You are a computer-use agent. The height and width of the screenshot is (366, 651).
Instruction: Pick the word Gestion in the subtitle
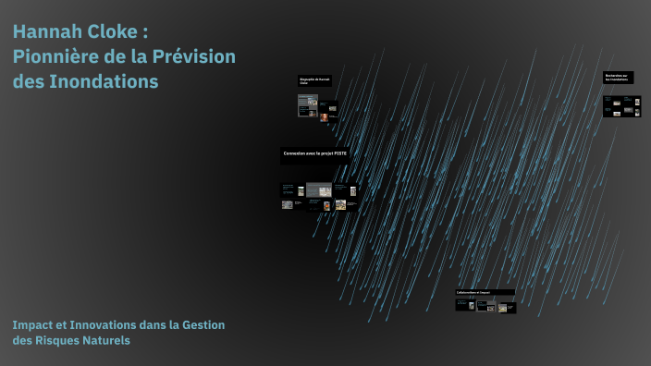point(203,324)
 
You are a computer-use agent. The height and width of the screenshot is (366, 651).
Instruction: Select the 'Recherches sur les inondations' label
point(617,78)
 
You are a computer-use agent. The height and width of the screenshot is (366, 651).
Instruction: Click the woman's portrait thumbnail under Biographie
point(325,116)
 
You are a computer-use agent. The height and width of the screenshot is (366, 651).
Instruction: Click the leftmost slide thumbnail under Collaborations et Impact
point(463,304)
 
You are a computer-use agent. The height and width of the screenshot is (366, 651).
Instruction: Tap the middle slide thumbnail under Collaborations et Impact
point(484,305)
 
